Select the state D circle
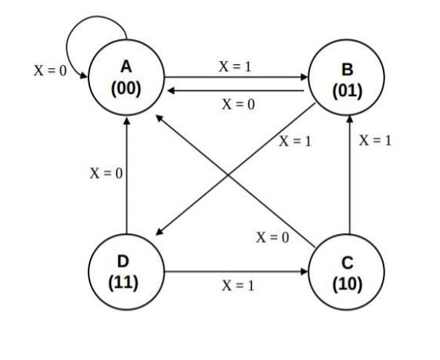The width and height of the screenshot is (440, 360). coord(126,273)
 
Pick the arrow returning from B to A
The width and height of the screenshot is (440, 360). coord(235,91)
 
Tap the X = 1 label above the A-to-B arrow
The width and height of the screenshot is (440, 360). coord(234,66)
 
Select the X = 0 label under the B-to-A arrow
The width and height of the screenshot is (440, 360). coord(234,105)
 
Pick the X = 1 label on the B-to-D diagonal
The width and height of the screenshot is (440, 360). coord(296,144)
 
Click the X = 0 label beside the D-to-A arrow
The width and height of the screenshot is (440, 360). coord(104,172)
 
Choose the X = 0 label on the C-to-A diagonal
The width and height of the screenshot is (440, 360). coord(273,237)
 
